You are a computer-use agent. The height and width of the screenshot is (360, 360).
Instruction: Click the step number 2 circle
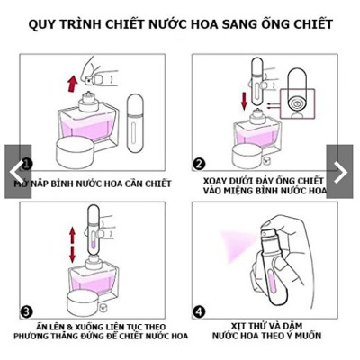[x=199, y=164]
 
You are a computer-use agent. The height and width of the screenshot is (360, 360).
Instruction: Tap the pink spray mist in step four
[x=238, y=245]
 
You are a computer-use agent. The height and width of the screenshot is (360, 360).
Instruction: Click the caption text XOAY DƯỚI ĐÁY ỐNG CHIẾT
[x=263, y=182]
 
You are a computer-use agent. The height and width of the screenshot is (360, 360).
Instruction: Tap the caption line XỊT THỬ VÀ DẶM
[x=263, y=326]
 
